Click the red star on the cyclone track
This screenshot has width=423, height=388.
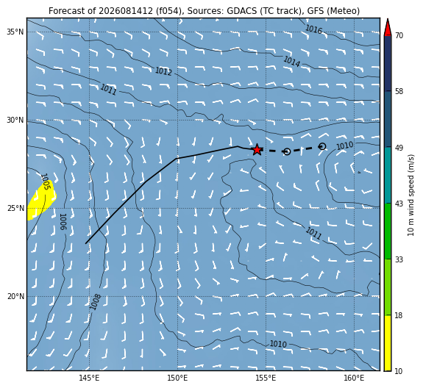257,150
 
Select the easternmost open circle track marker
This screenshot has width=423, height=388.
322,146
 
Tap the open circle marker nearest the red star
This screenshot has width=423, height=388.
287,151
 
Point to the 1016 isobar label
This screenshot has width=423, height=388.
313,29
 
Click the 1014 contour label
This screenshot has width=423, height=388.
291,62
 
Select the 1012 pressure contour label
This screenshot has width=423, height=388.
163,71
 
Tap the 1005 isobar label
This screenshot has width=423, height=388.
46,182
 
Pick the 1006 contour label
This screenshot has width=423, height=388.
63,222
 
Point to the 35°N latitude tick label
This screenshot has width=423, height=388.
15,32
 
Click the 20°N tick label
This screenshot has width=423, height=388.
15,297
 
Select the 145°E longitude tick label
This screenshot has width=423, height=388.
89,378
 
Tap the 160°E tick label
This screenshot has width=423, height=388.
354,378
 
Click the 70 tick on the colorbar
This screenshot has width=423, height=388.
399,35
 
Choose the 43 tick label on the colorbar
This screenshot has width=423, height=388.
399,204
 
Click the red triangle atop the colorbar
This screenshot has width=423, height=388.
388,28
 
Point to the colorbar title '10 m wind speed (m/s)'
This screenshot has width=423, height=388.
410,195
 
